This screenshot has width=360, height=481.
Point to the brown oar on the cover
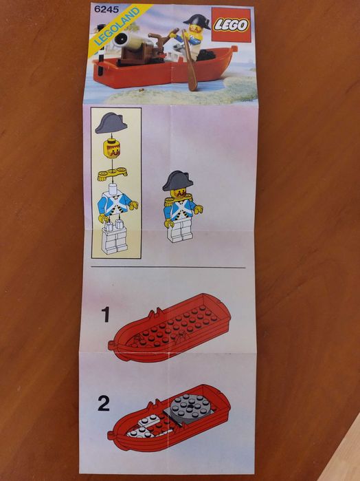click(190, 69)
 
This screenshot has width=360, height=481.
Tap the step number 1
click(105, 315)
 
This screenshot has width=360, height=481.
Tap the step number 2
click(104, 403)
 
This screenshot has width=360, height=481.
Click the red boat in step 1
click(172, 330)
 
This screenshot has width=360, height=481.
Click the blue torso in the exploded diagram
click(114, 204)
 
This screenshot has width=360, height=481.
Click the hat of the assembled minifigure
click(177, 180)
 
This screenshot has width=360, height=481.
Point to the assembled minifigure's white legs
click(179, 231)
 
